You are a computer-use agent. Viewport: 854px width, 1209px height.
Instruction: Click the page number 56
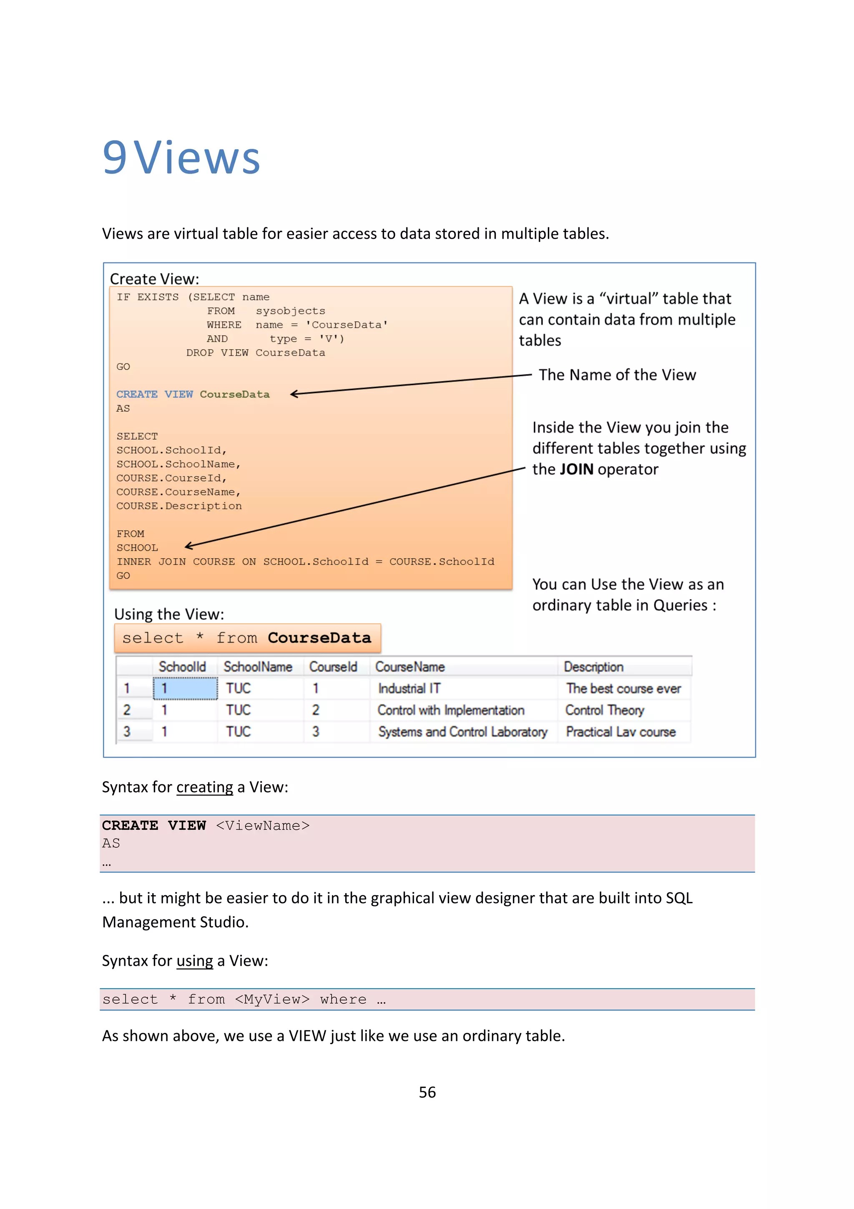(x=427, y=1092)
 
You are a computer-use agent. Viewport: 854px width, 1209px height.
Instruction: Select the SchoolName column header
(x=257, y=667)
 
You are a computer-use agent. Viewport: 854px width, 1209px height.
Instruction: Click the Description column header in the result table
(x=593, y=667)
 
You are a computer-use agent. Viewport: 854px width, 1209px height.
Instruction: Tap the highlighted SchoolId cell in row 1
(x=185, y=688)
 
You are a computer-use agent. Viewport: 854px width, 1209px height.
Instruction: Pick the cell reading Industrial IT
(x=409, y=689)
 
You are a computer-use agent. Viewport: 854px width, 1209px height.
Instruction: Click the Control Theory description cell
(x=605, y=710)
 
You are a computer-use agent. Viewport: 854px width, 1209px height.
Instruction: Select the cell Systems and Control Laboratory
(x=462, y=732)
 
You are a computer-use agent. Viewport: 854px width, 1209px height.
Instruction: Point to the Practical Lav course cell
(x=620, y=732)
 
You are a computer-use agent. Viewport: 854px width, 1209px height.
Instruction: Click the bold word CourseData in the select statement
(x=319, y=638)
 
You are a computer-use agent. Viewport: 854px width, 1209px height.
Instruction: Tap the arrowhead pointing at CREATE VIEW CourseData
(x=294, y=394)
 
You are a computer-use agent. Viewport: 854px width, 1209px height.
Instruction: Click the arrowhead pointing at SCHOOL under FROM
(x=188, y=547)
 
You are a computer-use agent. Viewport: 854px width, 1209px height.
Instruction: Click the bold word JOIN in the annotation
(x=576, y=469)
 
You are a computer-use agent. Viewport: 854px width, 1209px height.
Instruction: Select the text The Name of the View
(x=617, y=375)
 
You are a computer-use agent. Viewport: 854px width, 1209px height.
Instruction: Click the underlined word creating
(x=204, y=787)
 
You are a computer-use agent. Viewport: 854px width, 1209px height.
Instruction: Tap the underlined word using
(x=194, y=961)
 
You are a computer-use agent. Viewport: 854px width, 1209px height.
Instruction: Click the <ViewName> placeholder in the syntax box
(x=263, y=826)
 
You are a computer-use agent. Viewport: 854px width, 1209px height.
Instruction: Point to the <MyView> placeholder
(x=271, y=1000)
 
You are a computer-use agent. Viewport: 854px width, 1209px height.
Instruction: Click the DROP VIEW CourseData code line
(x=255, y=353)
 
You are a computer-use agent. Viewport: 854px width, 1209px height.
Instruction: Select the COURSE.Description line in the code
(x=179, y=506)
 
